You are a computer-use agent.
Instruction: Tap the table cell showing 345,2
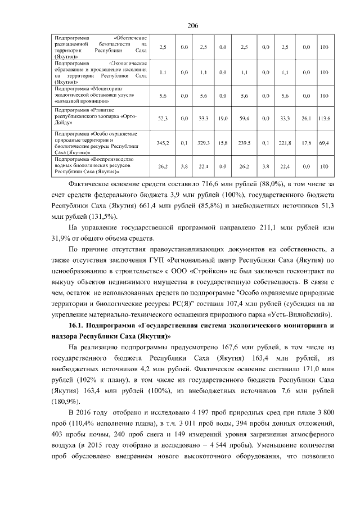coord(163,143)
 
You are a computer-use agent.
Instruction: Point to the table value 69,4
coord(324,143)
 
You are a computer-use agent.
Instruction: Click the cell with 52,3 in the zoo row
coord(163,119)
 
